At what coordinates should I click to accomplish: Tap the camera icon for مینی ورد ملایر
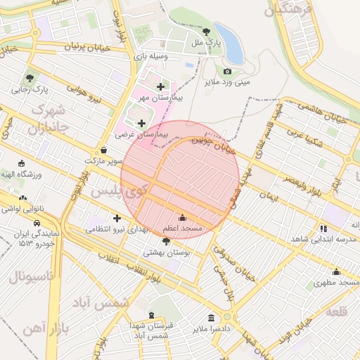tap(227, 71)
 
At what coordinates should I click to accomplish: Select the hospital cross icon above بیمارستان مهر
tap(161, 87)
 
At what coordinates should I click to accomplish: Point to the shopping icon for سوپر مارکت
tap(104, 150)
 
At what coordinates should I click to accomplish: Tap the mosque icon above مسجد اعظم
tap(183, 217)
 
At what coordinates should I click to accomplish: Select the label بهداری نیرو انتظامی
tap(117, 229)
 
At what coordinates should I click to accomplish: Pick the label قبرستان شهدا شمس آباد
tap(149, 331)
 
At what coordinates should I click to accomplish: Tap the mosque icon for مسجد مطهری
tap(336, 272)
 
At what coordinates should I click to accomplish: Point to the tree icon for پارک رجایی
tap(30, 79)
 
